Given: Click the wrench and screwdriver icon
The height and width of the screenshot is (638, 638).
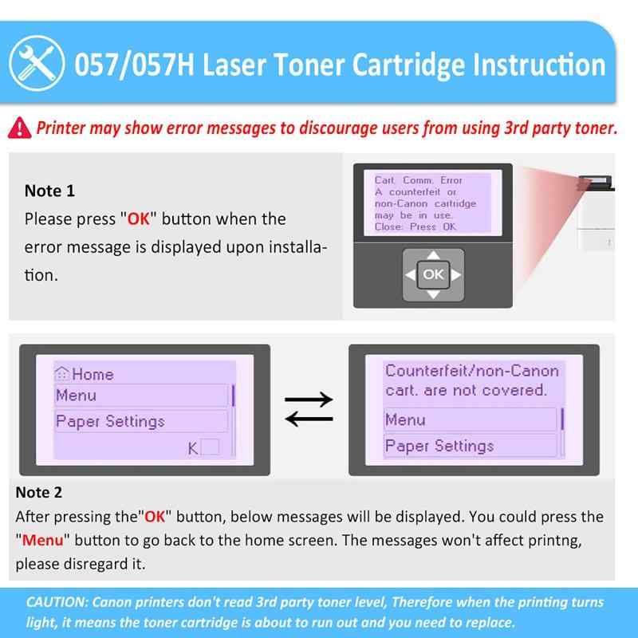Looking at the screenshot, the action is (x=37, y=64).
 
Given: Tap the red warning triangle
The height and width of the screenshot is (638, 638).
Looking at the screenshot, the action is (x=19, y=128).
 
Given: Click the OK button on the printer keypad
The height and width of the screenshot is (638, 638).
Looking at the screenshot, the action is (x=433, y=274).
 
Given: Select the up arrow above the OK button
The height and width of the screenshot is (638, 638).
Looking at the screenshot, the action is (x=433, y=255).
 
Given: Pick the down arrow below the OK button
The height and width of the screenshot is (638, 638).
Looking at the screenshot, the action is (x=433, y=294).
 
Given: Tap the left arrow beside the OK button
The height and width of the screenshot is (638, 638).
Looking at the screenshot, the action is (x=410, y=275).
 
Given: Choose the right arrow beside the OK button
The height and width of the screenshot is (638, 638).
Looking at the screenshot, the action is (x=456, y=275).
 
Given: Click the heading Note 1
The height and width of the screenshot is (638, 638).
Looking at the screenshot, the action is (x=49, y=191).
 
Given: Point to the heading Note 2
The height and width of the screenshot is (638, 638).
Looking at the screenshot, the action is (x=38, y=492).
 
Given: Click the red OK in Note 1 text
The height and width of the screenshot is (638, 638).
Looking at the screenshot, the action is (x=139, y=219).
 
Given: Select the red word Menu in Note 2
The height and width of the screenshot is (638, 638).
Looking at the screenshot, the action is (x=43, y=541).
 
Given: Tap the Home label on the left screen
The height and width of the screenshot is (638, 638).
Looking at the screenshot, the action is (x=93, y=374).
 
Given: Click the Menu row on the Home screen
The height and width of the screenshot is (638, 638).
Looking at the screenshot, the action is (x=141, y=396).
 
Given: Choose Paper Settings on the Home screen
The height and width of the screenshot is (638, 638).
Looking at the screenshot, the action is (x=141, y=421).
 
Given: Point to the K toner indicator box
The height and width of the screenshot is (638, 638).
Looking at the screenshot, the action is (x=210, y=447).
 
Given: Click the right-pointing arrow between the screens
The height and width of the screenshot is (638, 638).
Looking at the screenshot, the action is (x=309, y=400).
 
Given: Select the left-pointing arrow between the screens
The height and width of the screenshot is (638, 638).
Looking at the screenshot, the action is (x=309, y=419).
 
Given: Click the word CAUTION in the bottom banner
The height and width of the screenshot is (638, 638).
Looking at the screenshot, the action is (x=57, y=602).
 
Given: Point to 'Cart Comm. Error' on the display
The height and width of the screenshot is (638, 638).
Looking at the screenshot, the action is (x=418, y=180).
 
